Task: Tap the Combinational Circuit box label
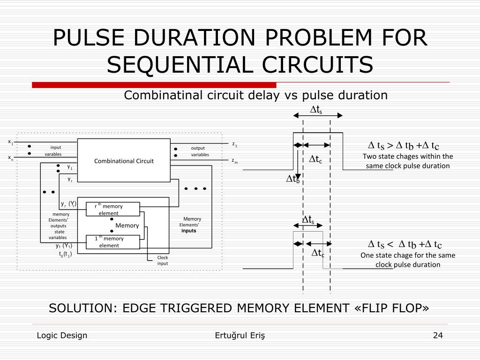(124, 161)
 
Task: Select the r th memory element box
(113, 210)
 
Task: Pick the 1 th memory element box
(113, 242)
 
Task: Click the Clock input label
(162, 260)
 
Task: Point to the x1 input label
(10, 142)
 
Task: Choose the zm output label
(235, 161)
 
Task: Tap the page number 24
(438, 335)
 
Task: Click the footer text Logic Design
(62, 335)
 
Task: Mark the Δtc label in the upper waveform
(315, 159)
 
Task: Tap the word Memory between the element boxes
(127, 225)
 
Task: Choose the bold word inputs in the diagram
(189, 231)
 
